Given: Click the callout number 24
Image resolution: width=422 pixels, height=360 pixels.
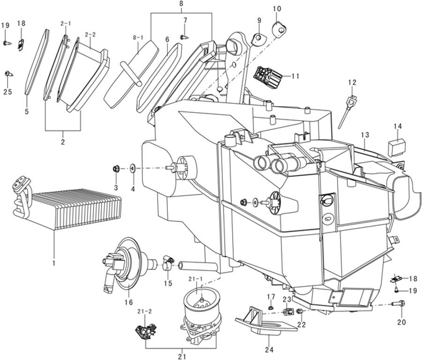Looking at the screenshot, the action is pos(269,350).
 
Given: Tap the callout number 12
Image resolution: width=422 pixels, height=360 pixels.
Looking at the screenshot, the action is pos(352,83).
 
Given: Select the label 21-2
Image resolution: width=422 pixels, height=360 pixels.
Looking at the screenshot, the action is pos(144,312).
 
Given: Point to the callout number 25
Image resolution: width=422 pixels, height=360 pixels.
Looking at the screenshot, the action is pos(8,92).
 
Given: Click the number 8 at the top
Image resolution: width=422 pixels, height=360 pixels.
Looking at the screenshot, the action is pos(181,4).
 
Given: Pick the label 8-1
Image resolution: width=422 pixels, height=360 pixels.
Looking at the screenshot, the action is pos(138,38).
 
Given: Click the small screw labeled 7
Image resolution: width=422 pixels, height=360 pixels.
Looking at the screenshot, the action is pos(184,37).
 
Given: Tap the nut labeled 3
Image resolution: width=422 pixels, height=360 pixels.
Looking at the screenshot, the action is pos(116,169).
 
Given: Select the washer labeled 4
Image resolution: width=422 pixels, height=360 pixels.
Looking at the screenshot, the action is pos(133,169).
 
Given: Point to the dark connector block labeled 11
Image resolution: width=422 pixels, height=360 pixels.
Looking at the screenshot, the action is pos(268,77).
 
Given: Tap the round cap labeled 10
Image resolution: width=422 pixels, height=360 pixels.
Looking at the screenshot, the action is pos(279,28).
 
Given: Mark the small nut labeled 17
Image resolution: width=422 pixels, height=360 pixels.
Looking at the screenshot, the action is pos(271,307).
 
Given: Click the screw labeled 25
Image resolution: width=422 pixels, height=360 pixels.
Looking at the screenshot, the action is pos(8,73).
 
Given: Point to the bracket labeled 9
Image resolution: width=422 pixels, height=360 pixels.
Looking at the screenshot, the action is pos(258,38).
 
